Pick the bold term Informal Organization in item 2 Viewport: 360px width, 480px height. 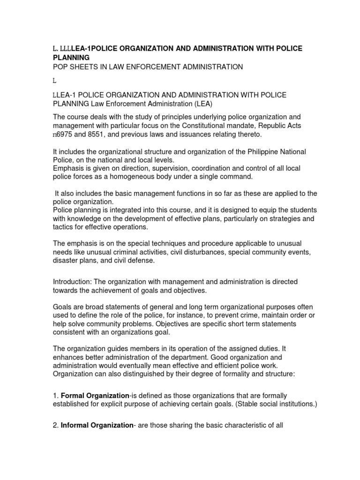pyautogui.click(x=97, y=425)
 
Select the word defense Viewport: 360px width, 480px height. pyautogui.click(x=141, y=260)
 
